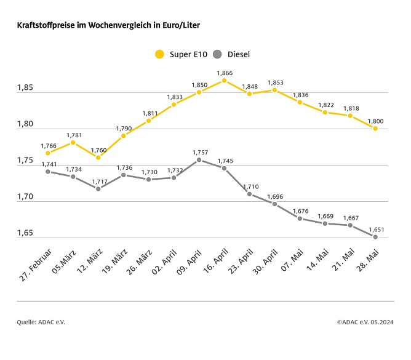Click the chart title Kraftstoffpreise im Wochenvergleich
click(x=108, y=25)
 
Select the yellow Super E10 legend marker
click(x=159, y=54)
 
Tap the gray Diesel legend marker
click(x=217, y=54)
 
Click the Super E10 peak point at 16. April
click(x=224, y=81)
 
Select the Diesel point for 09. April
click(x=199, y=159)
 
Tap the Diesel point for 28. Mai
click(x=375, y=236)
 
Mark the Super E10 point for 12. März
click(x=98, y=158)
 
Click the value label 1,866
click(x=225, y=73)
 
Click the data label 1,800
click(x=375, y=121)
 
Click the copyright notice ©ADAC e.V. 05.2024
click(x=365, y=321)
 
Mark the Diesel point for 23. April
click(x=249, y=194)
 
